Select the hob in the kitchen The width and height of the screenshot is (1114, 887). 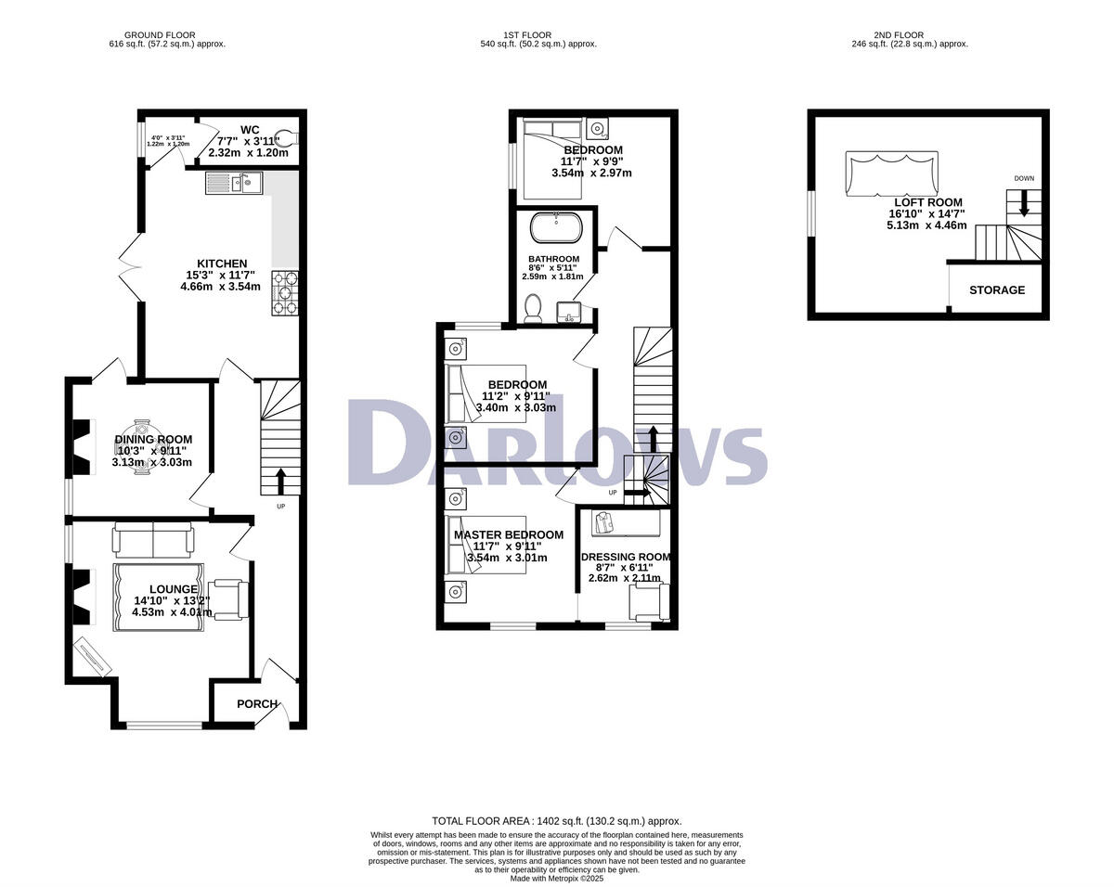[285, 292]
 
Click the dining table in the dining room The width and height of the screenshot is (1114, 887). [142, 446]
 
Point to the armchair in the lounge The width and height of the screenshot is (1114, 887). [230, 598]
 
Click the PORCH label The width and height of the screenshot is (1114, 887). [257, 704]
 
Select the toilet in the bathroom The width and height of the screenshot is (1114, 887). [533, 308]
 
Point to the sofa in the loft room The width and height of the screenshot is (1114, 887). [891, 174]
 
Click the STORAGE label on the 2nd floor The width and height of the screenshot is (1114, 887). [997, 290]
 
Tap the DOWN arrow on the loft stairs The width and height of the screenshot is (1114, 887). [1024, 202]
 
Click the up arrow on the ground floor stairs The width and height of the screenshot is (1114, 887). [280, 482]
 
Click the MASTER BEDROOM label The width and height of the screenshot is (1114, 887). [508, 535]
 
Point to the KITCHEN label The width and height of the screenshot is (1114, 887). [222, 264]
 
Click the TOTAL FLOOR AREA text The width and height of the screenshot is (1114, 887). [556, 821]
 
